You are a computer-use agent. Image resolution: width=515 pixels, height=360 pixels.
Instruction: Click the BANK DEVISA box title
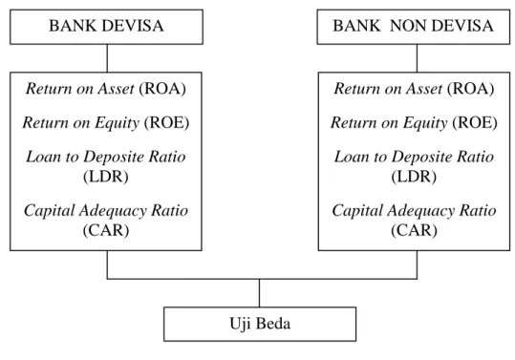click(106, 26)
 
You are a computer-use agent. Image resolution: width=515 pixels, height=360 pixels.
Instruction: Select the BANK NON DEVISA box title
click(413, 26)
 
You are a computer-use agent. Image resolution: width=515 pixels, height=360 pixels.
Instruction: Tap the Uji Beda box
click(260, 324)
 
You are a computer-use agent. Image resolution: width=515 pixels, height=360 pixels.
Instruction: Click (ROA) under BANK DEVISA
click(162, 89)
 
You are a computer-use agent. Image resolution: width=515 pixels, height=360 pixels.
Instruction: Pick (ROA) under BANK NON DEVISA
click(471, 89)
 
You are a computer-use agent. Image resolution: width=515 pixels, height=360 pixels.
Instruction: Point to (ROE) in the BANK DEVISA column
click(166, 123)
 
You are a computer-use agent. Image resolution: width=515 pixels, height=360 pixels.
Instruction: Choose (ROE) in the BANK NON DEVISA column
click(475, 123)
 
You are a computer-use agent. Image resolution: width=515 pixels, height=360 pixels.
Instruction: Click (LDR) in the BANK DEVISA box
click(106, 177)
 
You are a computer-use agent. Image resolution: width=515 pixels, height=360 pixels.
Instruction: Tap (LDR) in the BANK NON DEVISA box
click(414, 177)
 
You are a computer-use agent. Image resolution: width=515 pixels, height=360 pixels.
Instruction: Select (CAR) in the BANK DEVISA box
click(106, 230)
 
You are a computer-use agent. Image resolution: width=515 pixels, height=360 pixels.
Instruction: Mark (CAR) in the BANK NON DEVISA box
click(414, 230)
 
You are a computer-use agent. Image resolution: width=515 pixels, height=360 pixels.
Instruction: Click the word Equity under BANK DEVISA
click(118, 124)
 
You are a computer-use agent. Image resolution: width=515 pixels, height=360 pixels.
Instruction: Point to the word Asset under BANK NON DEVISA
click(424, 89)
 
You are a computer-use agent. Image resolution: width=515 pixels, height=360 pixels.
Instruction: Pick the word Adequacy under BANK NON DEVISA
click(421, 211)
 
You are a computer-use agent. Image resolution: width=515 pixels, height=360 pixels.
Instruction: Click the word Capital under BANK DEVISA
click(50, 211)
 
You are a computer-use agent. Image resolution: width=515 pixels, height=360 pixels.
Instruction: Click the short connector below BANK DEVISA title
click(107, 58)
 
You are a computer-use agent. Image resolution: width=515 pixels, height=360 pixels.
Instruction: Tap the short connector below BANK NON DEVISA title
click(418, 58)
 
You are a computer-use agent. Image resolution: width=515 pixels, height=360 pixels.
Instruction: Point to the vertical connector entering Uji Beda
click(260, 293)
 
